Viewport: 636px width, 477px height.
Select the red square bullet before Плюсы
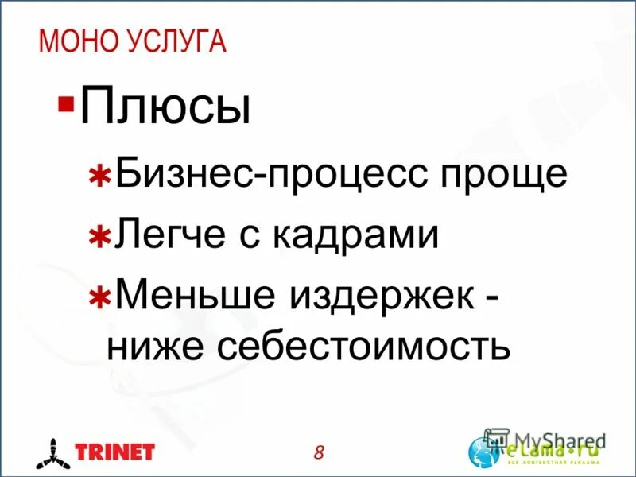[x=66, y=104]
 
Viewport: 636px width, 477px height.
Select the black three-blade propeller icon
[x=50, y=453]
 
